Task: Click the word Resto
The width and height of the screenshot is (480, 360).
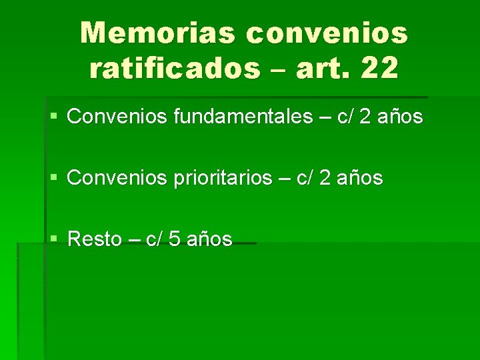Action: tap(95, 239)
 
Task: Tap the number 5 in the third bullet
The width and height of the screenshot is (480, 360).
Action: tap(175, 239)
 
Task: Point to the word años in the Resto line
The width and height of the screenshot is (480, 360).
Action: tap(209, 239)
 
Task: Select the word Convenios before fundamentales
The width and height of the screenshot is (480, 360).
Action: tap(118, 117)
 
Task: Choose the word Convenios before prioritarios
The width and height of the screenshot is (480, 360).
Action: tap(118, 178)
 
